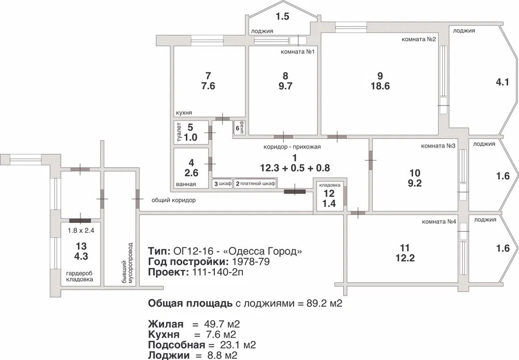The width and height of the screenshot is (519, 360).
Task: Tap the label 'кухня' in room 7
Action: [184, 113]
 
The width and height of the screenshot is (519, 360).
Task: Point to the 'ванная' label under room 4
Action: [186, 184]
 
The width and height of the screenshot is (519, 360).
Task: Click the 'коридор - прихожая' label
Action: [292, 146]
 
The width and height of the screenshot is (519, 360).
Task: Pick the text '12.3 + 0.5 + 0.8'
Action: [295, 168]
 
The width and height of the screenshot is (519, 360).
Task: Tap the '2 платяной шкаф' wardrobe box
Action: [255, 183]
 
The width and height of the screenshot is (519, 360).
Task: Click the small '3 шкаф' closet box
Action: [222, 183]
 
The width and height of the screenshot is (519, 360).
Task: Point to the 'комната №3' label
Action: [439, 146]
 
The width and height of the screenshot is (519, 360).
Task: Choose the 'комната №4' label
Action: [439, 222]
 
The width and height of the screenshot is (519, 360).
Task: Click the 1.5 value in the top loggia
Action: [282, 17]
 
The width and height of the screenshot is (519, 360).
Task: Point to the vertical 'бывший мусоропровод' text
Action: [127, 263]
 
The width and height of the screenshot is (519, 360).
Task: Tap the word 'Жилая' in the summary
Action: [165, 324]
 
